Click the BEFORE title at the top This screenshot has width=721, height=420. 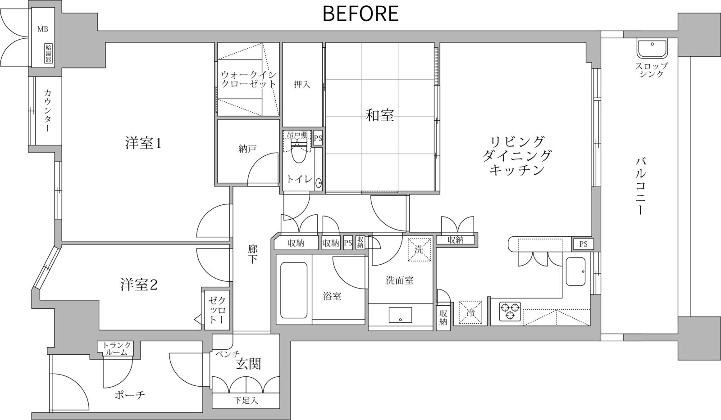360,14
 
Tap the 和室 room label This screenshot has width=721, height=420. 380,115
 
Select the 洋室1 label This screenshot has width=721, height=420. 143,143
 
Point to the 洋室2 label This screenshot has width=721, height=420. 139,285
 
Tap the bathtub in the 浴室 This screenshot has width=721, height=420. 294,290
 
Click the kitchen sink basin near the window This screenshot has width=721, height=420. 575,271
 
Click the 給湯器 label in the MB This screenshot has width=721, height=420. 48,54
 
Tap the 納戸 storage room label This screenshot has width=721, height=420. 247,149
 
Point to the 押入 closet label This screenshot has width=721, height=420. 302,84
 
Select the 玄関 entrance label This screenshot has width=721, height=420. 248,364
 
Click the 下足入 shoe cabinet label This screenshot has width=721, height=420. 246,401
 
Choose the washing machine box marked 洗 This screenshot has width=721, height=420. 420,249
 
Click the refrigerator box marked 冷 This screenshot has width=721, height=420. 470,312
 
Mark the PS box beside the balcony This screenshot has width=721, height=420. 583,244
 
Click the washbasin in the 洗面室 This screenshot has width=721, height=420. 400,315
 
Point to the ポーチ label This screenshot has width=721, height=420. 130,395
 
